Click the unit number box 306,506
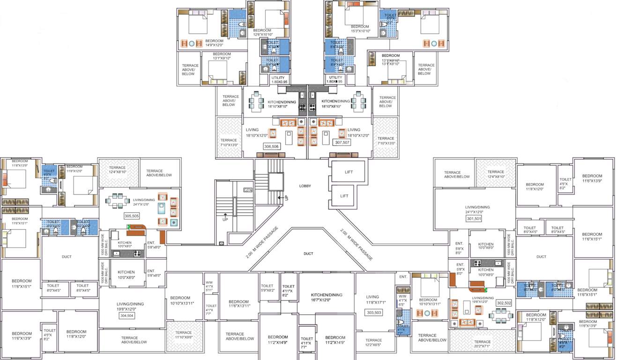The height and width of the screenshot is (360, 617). tap(272, 147)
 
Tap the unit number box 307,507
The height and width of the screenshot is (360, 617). tap(341, 142)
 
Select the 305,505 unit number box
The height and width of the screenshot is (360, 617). tap(131, 216)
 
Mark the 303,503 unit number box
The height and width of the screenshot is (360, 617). tap(373, 312)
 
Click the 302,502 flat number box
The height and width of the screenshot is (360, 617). tap(504, 303)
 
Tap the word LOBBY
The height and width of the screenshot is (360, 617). tap(305, 186)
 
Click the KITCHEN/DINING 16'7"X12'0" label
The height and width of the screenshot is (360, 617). tap(327, 297)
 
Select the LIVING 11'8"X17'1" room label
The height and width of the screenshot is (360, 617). tap(372, 300)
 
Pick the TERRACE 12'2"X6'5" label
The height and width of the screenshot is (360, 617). tap(373, 343)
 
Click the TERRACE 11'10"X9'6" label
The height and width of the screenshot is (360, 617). tap(184, 336)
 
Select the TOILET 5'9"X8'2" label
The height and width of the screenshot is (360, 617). tap(267, 288)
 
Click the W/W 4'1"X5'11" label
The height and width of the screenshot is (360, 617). tap(209, 286)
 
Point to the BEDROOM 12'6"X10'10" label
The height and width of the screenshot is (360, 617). tap(262, 32)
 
